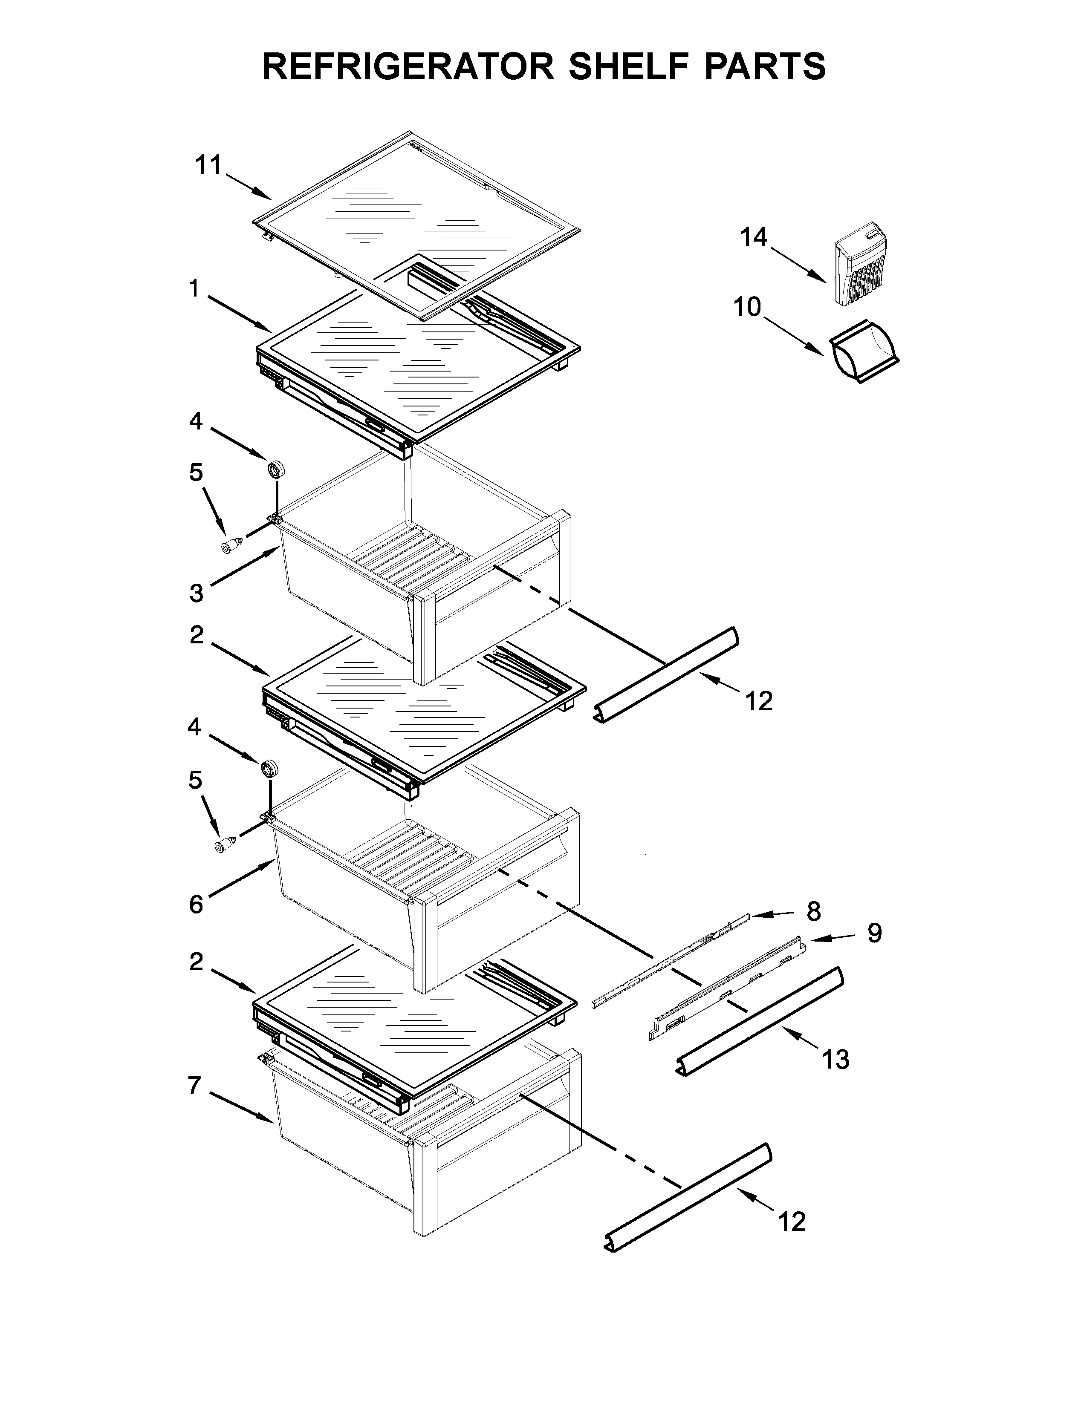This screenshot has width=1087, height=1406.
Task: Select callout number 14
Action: (753, 238)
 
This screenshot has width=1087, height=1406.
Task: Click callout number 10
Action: (747, 308)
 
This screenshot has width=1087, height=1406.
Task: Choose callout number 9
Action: (874, 933)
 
